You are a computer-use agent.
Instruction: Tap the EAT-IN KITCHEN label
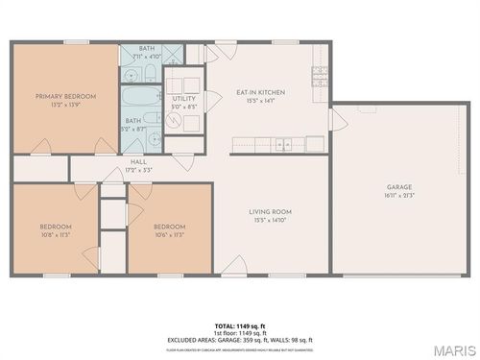[x=255, y=92]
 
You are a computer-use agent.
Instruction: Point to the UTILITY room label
[x=183, y=98]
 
